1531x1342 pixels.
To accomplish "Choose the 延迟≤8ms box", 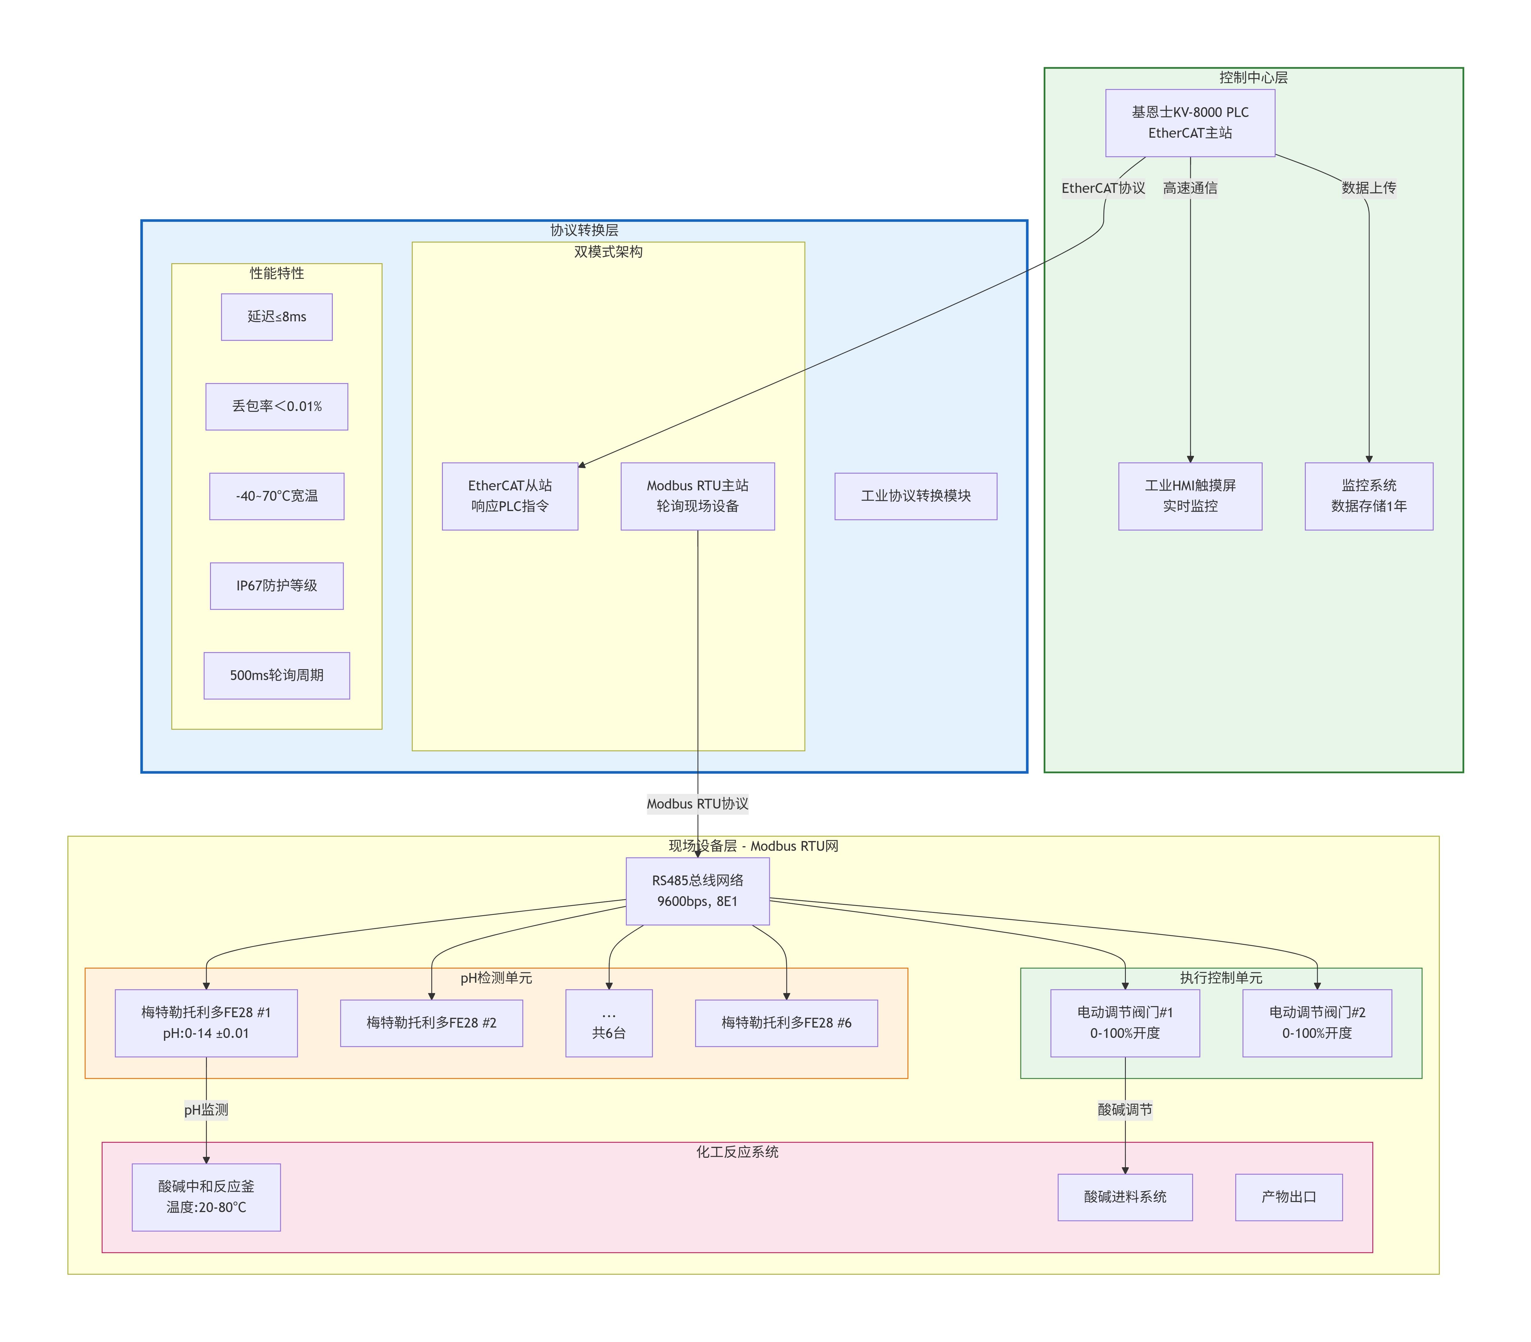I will coord(276,317).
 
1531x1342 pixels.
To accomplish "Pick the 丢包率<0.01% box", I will coord(276,407).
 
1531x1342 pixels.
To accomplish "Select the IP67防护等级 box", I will coord(276,585).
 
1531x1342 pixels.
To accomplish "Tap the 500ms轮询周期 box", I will coord(276,675).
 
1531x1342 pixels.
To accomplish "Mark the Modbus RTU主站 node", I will coord(697,496).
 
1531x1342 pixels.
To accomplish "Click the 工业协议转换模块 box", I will coord(915,496).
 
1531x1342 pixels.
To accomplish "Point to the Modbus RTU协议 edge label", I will coord(697,804).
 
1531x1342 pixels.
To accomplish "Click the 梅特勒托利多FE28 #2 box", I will coord(431,1023).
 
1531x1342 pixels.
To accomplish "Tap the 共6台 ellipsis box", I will coord(609,1023).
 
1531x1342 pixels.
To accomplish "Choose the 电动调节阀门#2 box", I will coord(1316,1023).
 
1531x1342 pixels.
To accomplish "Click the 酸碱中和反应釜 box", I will coord(206,1197).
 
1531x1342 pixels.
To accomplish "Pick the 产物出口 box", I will coord(1288,1197).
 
